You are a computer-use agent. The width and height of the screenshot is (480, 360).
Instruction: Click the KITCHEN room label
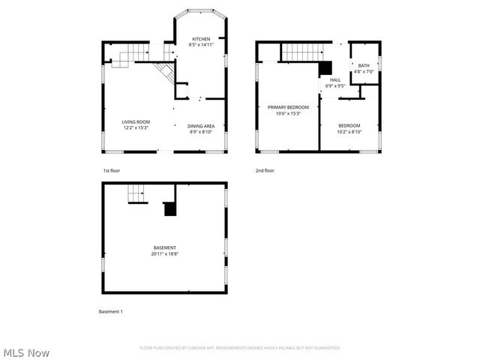(x=200, y=39)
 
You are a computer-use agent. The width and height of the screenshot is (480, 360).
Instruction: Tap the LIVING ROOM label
(x=136, y=121)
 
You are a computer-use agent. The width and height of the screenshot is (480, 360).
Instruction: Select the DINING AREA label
(x=200, y=126)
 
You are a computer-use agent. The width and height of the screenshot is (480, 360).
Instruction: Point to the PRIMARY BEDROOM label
(x=288, y=107)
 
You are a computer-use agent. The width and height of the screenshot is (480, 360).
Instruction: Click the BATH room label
(x=364, y=66)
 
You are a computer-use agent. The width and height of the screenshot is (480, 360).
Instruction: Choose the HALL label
(x=335, y=79)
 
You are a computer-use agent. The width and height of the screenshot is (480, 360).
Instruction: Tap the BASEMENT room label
(x=165, y=247)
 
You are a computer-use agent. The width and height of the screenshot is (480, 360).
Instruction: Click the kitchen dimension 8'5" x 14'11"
(x=200, y=45)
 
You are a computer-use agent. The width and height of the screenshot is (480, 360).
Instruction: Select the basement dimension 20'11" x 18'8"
(x=165, y=253)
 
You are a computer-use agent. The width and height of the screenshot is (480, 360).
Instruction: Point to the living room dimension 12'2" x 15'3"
(x=136, y=127)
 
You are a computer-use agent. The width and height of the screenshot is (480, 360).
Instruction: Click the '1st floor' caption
(x=112, y=170)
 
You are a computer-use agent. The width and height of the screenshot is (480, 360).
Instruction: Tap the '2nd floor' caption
(x=265, y=170)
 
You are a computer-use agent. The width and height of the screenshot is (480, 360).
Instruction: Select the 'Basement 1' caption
(x=111, y=311)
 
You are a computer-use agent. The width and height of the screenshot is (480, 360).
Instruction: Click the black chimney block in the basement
(x=171, y=209)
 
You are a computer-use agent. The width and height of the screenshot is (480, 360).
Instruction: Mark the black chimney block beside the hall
(x=325, y=67)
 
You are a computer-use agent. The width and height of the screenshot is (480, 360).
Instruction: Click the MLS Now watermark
(x=27, y=352)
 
